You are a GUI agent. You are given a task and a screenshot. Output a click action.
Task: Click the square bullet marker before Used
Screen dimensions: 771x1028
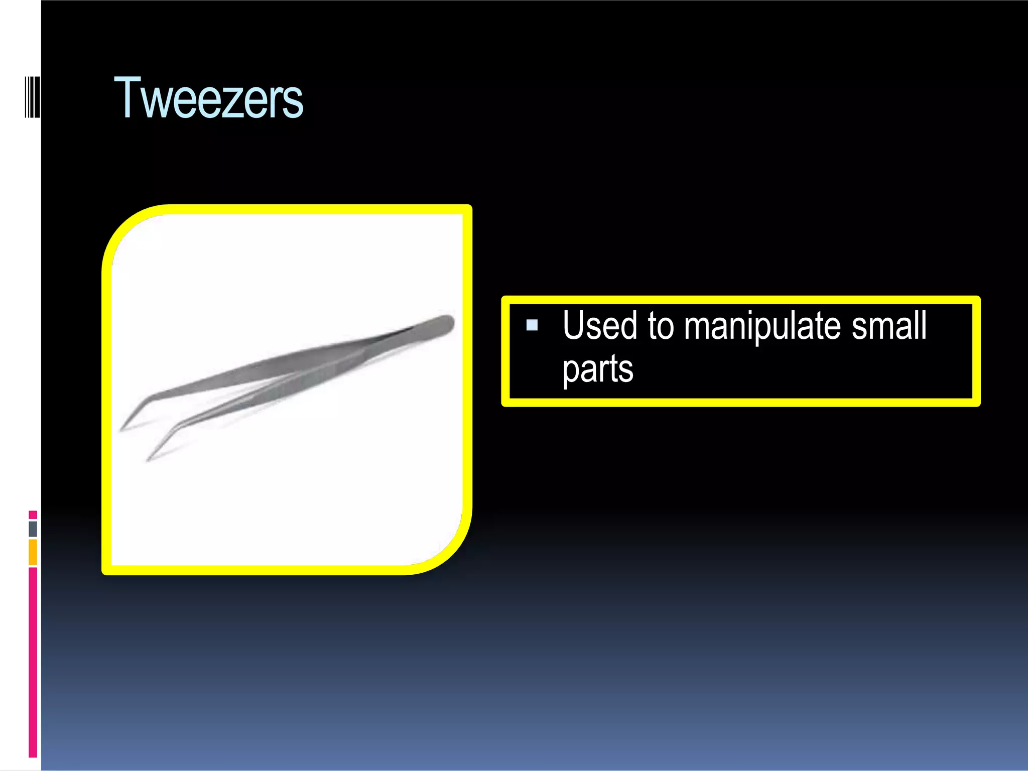pyautogui.click(x=532, y=325)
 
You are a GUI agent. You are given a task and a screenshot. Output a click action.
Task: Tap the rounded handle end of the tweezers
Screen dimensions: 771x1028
pyautogui.click(x=442, y=324)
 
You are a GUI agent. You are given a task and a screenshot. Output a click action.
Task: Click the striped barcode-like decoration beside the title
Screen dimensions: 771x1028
pyautogui.click(x=32, y=97)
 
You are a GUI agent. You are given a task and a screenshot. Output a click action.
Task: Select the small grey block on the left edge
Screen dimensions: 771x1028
pyautogui.click(x=33, y=529)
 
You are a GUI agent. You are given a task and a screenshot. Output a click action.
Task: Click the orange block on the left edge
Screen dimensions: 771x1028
pyautogui.click(x=33, y=552)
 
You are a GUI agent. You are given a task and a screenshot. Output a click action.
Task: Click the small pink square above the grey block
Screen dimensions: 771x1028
pyautogui.click(x=33, y=515)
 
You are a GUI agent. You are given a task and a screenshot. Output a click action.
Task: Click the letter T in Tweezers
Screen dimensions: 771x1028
pyautogui.click(x=127, y=98)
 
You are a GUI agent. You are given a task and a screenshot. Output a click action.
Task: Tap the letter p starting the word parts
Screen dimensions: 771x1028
pyautogui.click(x=571, y=371)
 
